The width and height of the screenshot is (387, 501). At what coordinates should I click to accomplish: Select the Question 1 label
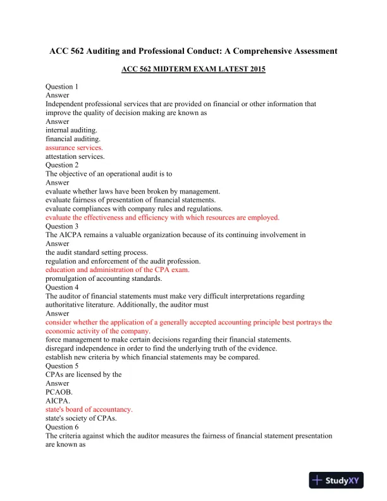click(62, 86)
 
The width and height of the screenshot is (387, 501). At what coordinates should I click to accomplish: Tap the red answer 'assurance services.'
click(74, 147)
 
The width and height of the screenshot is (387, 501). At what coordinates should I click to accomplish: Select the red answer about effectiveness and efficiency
click(162, 217)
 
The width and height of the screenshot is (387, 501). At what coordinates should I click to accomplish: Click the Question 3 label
click(62, 226)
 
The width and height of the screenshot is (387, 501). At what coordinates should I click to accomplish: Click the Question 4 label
click(62, 287)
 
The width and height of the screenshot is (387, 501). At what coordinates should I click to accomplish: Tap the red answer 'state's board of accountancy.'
click(89, 409)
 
